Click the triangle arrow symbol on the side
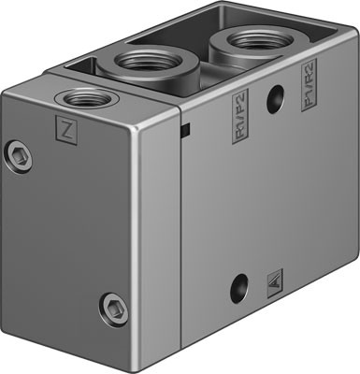(x=275, y=278)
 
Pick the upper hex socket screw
(x=20, y=156)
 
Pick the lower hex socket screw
(x=112, y=306)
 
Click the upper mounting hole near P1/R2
(x=274, y=99)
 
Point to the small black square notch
(x=186, y=128)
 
